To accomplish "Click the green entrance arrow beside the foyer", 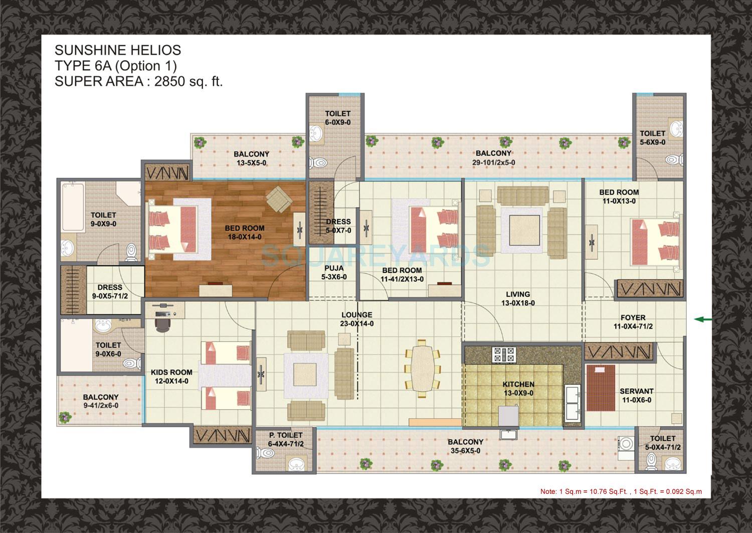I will click(703, 319).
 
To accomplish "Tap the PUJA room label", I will click(334, 268).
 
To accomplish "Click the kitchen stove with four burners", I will click(504, 354).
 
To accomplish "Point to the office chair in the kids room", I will click(162, 324).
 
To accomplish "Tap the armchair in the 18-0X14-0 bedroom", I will click(277, 200).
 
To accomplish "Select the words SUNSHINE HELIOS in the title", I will click(118, 50).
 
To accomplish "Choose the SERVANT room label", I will click(636, 391).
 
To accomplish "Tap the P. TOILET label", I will click(286, 435).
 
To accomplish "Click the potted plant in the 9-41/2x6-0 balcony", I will click(65, 417).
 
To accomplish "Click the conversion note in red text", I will click(621, 491).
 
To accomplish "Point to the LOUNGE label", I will click(356, 315).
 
